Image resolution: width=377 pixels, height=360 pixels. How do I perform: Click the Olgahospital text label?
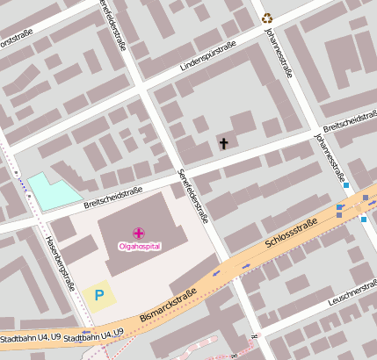tap(139, 247)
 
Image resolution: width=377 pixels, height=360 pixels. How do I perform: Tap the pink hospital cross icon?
tap(139, 233)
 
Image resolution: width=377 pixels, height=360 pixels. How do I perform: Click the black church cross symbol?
tap(223, 142)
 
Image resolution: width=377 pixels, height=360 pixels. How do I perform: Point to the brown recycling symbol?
tap(267, 17)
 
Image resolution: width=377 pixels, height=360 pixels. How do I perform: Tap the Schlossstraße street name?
tap(291, 237)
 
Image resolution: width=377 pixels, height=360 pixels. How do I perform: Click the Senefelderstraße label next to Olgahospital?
tap(192, 194)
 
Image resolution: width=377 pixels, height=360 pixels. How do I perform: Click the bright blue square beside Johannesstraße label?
tap(347, 185)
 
